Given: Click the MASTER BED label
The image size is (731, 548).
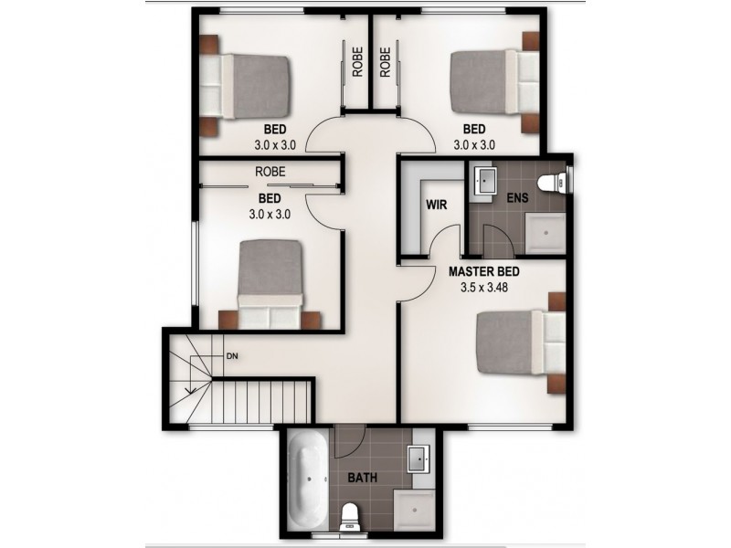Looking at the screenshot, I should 484,271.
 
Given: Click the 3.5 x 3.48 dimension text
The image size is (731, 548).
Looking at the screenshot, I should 484,287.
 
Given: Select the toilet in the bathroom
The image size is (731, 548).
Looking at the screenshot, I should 349,517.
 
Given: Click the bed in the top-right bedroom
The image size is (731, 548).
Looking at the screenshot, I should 494,81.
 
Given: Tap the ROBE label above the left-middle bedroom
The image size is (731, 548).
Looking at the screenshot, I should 270,171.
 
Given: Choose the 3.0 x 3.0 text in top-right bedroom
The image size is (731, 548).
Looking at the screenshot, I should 474,144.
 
